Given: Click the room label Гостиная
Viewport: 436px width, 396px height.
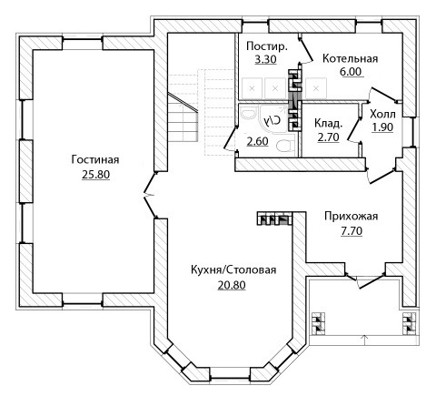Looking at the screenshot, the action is (95, 159).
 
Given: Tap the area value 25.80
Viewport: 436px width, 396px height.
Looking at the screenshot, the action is (95, 175).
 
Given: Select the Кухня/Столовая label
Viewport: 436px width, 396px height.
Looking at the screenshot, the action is (233, 269).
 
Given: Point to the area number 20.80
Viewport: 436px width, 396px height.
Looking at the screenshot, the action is (232, 285).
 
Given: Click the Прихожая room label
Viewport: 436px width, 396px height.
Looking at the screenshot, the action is (352, 216).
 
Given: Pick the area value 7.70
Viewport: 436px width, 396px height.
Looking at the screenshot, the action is (352, 231).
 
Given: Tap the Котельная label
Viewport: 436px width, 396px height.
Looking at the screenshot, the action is (351, 58).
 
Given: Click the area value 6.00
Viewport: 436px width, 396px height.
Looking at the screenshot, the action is (351, 72).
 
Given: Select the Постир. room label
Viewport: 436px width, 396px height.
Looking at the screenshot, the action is (267, 46).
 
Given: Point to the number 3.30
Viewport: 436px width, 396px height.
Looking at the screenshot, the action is (265, 59).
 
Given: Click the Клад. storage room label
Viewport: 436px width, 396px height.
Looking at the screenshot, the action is (329, 123).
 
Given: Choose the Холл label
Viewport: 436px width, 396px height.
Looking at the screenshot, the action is (382, 115).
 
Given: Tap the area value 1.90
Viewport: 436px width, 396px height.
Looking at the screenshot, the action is (382, 127).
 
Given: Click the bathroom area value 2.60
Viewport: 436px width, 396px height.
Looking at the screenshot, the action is (257, 141).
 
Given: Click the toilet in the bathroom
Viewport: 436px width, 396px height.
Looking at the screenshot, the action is (285, 146).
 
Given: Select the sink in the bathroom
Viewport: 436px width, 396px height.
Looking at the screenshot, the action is (249, 115).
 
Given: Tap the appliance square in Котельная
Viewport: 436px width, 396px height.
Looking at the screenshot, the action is (316, 88).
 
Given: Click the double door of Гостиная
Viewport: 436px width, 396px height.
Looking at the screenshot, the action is (151, 195).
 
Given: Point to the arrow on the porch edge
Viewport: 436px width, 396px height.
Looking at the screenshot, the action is (364, 339).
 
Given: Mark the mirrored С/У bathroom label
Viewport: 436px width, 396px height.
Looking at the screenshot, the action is (272, 120).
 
